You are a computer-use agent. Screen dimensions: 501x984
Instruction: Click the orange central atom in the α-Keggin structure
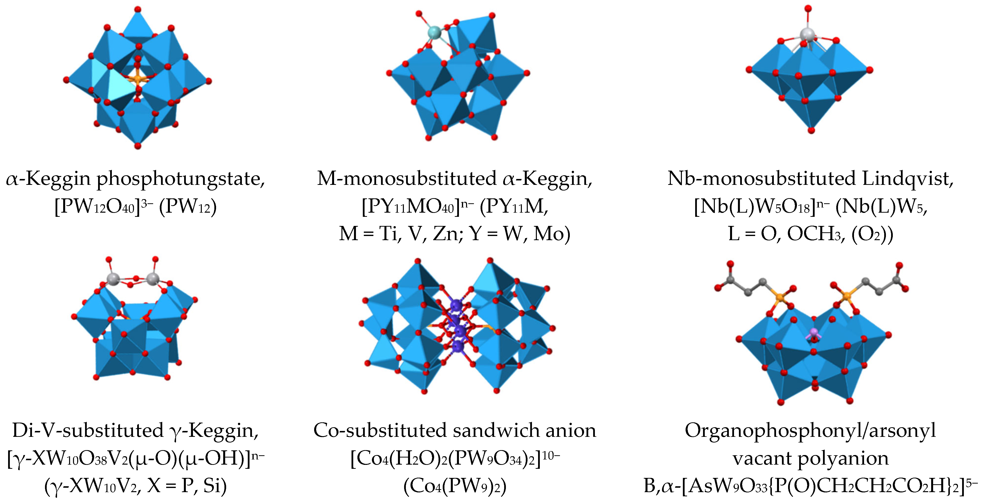[x=137, y=79]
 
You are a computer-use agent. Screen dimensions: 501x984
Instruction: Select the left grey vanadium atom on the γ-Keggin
[x=113, y=278]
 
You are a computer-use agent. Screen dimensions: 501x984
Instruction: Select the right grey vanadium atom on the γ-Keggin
[x=153, y=278]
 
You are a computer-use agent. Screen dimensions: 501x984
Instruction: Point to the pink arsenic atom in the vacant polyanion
[x=814, y=332]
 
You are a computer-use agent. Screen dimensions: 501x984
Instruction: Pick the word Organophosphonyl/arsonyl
[x=810, y=431]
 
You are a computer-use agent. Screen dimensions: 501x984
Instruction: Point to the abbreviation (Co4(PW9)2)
[x=455, y=486]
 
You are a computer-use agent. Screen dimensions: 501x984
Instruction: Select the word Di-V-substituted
[x=88, y=431]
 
